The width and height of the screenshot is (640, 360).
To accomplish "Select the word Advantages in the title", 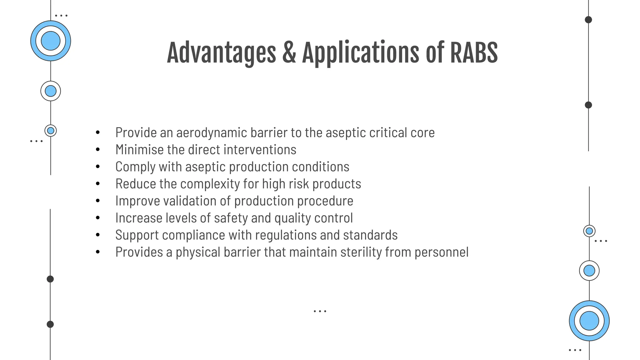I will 221,53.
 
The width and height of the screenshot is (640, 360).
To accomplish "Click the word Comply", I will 135,167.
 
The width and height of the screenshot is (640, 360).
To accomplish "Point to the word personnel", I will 441,252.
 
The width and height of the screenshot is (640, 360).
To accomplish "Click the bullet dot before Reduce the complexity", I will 98,184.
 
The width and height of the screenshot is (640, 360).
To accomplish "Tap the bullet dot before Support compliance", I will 98,235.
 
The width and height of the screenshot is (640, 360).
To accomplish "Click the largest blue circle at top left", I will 51,41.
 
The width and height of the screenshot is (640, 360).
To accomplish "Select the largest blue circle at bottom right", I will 589,321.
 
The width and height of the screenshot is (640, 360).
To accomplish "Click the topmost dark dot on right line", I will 588,20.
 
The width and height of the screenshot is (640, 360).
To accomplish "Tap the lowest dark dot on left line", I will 50,324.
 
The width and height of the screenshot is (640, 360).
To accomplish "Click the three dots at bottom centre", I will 320,311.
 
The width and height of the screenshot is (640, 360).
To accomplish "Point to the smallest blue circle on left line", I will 51,131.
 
